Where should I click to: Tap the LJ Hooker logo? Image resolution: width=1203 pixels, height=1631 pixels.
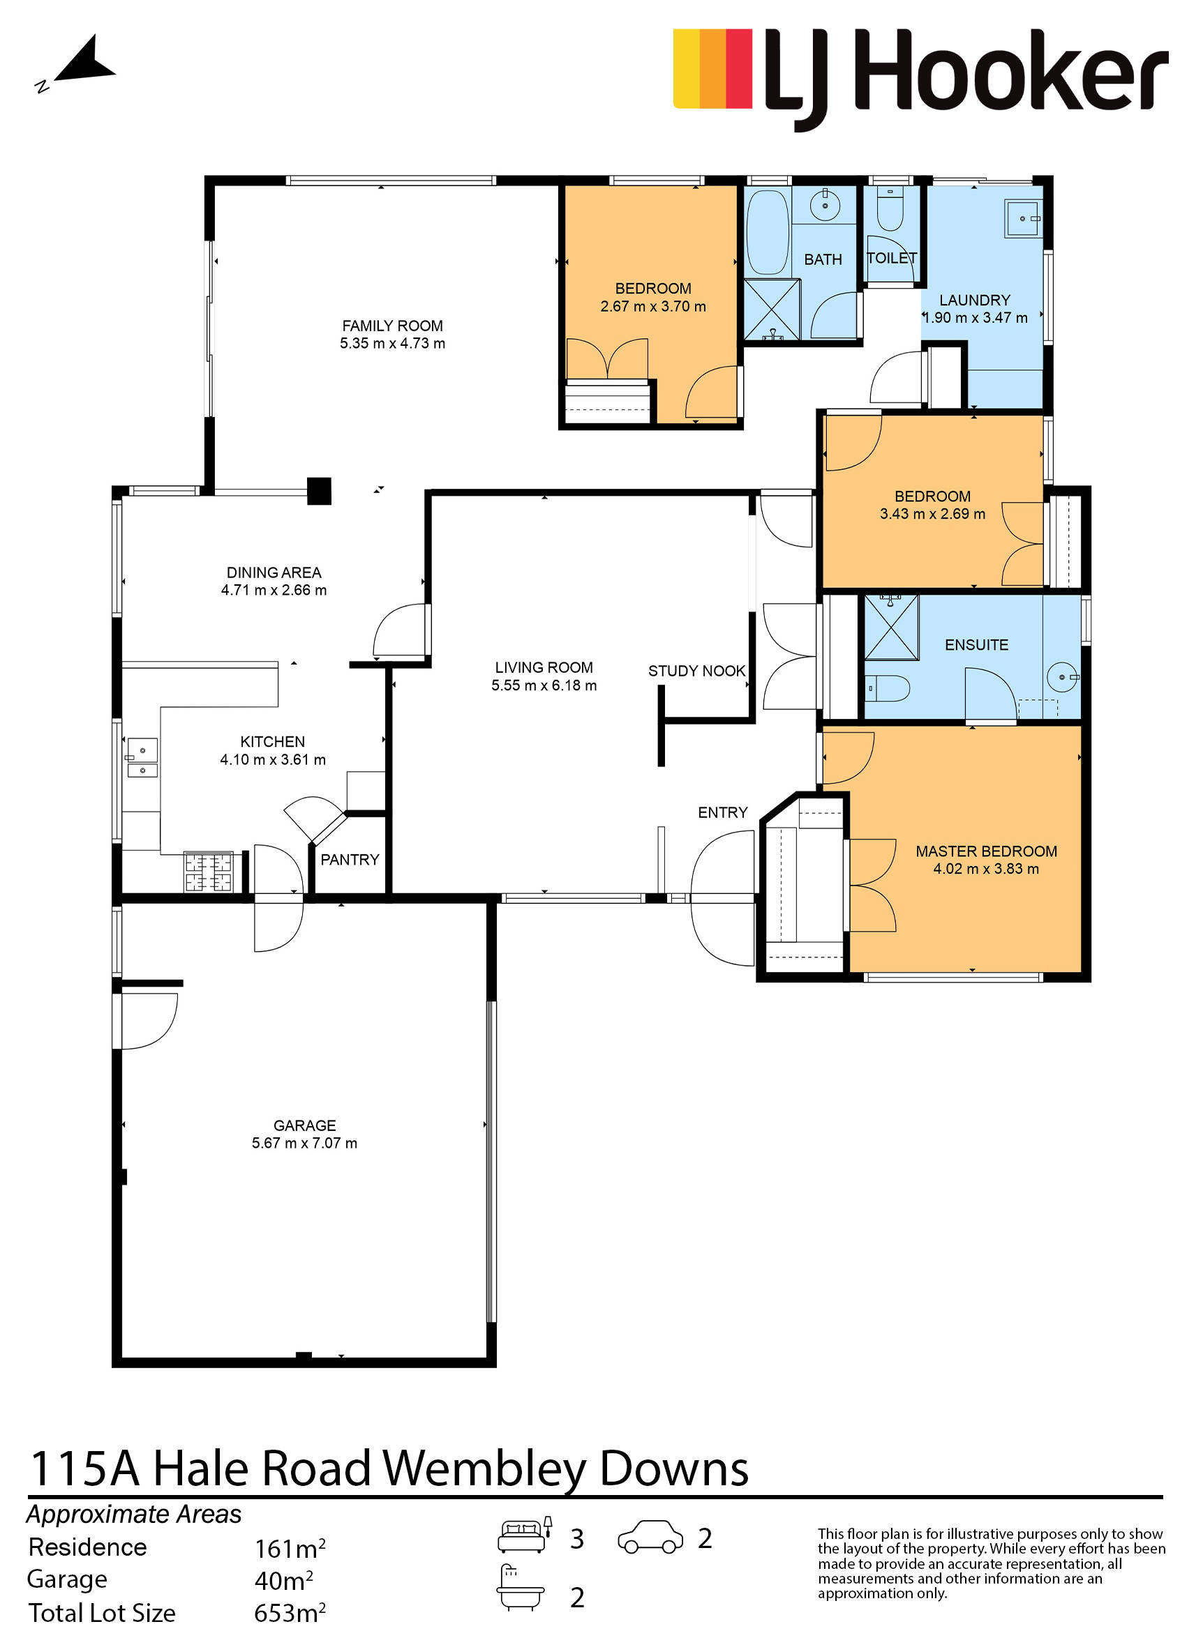pyautogui.click(x=920, y=79)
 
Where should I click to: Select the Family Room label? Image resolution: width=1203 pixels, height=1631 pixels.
pyautogui.click(x=392, y=326)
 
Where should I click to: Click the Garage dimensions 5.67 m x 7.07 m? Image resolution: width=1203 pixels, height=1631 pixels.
pyautogui.click(x=304, y=1143)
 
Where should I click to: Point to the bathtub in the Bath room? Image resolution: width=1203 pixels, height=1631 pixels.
pyautogui.click(x=768, y=232)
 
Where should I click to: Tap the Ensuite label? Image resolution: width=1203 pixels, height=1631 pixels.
pyautogui.click(x=976, y=645)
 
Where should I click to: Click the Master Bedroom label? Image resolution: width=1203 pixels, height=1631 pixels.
pyautogui.click(x=986, y=851)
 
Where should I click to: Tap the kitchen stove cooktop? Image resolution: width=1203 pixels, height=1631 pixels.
pyautogui.click(x=208, y=872)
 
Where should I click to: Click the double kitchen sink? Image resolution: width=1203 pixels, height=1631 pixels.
pyautogui.click(x=142, y=759)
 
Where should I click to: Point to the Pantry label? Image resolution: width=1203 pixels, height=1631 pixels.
pyautogui.click(x=350, y=860)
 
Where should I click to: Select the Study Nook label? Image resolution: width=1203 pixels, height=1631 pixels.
pyautogui.click(x=697, y=671)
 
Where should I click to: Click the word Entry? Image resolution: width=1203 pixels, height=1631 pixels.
pyautogui.click(x=722, y=812)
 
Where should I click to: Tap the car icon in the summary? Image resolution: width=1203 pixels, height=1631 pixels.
pyautogui.click(x=650, y=1536)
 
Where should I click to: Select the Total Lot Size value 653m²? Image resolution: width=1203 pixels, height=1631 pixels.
pyautogui.click(x=289, y=1612)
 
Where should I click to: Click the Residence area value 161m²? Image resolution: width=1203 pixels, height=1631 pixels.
pyautogui.click(x=289, y=1548)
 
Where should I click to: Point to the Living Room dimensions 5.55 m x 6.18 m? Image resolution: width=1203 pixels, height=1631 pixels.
pyautogui.click(x=544, y=685)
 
